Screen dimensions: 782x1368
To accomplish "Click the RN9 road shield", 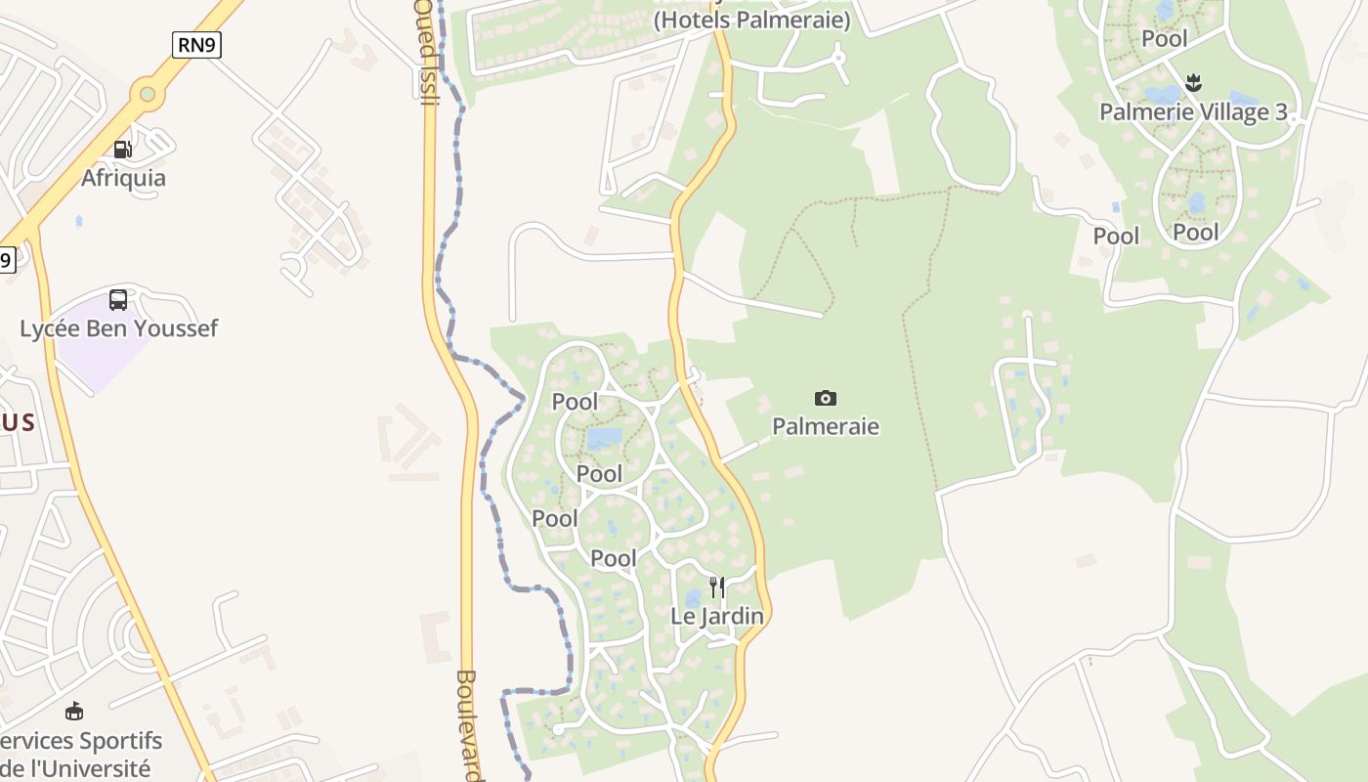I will (196, 44).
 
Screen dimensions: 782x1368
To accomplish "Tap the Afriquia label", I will (123, 178).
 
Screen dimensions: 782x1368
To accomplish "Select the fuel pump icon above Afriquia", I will (123, 150).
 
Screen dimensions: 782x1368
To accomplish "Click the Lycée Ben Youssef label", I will (119, 328).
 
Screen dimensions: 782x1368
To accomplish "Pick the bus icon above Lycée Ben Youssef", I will (118, 300).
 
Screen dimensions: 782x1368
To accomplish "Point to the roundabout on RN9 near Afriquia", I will (148, 94).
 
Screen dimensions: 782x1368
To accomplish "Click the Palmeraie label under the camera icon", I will (826, 426).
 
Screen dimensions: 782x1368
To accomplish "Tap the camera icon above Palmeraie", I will (826, 398).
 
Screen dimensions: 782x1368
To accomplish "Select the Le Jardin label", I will (717, 616).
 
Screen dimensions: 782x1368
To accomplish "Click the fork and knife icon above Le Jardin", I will (717, 586).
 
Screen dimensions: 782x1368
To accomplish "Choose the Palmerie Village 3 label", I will (1193, 111).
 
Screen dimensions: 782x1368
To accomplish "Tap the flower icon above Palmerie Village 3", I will (1193, 82).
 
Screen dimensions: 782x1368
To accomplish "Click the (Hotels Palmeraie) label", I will (751, 20).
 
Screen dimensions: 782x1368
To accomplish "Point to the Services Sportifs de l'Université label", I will (82, 755).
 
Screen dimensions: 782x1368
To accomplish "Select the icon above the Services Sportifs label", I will (74, 711).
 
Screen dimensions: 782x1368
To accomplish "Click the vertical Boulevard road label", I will (467, 723).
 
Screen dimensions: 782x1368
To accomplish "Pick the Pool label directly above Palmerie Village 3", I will (1165, 38).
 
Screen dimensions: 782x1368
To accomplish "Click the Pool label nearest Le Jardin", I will (614, 558).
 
